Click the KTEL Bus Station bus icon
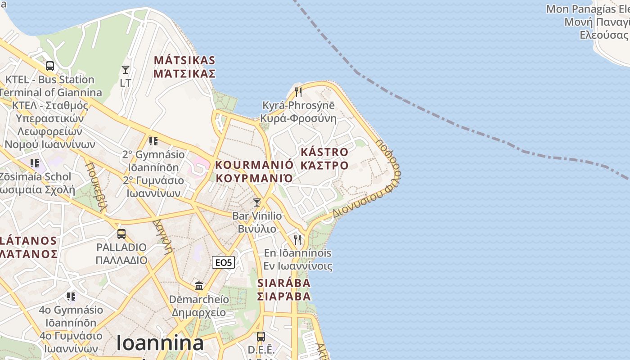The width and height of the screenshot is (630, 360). click(x=50, y=66)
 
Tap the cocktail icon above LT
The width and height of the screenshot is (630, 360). click(x=126, y=69)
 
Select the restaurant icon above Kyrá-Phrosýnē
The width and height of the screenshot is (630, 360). click(x=298, y=92)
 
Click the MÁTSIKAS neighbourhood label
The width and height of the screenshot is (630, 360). click(x=184, y=67)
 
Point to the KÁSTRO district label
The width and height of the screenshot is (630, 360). click(x=324, y=158)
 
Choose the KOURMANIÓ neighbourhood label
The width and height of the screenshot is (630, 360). click(x=254, y=171)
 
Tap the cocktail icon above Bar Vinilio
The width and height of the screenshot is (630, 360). click(x=257, y=202)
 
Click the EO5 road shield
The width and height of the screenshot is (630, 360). click(x=223, y=262)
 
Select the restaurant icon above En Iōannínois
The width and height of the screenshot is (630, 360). click(x=297, y=239)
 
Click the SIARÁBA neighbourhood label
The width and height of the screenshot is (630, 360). click(x=284, y=289)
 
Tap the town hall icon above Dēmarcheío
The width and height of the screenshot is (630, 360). click(x=199, y=286)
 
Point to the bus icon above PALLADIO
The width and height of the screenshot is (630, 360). click(x=121, y=234)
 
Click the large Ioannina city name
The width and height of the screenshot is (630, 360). click(x=160, y=343)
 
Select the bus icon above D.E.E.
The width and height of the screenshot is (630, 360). click(x=261, y=336)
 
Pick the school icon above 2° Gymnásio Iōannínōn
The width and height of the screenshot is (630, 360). click(x=153, y=141)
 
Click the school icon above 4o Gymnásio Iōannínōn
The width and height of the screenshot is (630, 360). click(x=71, y=297)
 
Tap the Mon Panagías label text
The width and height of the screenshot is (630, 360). click(x=587, y=9)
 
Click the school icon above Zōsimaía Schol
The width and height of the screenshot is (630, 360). click(x=35, y=163)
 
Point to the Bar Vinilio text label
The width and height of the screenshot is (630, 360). click(x=257, y=216)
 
